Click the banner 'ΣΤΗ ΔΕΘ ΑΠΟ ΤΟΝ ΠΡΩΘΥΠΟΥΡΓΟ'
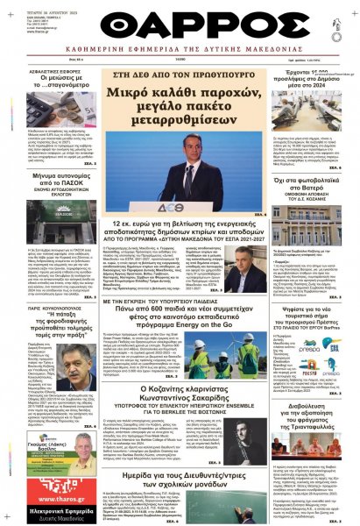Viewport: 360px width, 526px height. tap(180, 75)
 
